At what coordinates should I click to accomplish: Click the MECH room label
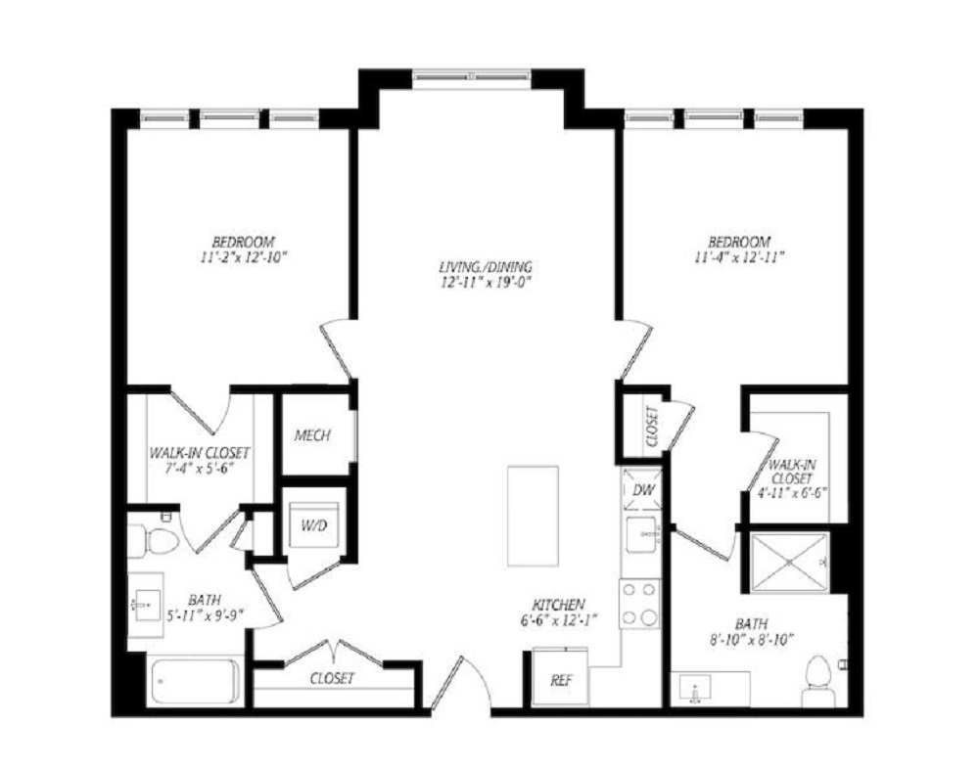coord(312,435)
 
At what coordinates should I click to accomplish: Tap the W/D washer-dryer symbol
coord(314,525)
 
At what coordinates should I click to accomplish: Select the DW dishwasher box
coord(642,490)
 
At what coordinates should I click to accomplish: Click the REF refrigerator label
coord(561,681)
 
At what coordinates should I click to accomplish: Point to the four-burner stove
coord(640,604)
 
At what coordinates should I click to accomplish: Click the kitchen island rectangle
coord(533,516)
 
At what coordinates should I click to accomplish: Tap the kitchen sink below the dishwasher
coord(642,533)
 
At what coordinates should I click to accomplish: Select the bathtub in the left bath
coord(196,682)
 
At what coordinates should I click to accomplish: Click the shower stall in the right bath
coord(789,562)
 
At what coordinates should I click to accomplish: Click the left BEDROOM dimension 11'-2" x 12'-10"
coord(244,257)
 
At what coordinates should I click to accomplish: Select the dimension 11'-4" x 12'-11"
coord(738,257)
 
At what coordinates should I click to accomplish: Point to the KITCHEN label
coord(558,605)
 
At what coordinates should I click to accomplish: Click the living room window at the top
coord(473,76)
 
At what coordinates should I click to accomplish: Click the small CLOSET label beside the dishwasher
coord(652,427)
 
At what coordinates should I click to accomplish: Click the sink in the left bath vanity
coord(146,605)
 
